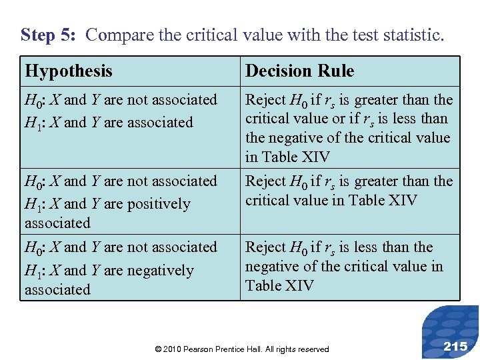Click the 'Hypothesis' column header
click(x=69, y=71)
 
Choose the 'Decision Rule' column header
click(x=299, y=71)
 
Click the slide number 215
click(x=455, y=345)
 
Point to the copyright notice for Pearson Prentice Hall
click(x=241, y=349)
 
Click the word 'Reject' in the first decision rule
click(x=265, y=100)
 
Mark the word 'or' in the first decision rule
click(x=330, y=119)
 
